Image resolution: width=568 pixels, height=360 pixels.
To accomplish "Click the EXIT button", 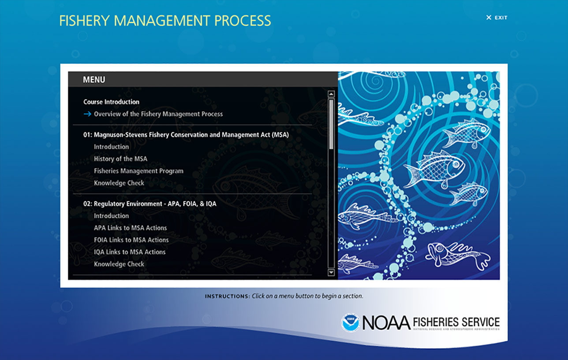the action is [x=497, y=18].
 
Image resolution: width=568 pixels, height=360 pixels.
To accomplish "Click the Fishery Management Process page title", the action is [x=165, y=21].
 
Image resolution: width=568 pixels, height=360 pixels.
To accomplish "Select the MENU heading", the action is [x=94, y=80].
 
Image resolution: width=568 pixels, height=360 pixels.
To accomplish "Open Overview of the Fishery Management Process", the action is [x=158, y=114].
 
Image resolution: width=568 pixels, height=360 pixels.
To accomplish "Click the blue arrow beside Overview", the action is [x=87, y=114].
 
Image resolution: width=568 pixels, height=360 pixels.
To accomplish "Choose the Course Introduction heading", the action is [x=111, y=102].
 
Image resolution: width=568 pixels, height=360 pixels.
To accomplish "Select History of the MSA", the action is [x=120, y=159].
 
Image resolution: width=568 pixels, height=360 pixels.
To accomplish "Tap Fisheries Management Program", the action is [x=138, y=171].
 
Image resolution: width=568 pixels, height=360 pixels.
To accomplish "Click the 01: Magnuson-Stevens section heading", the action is [x=186, y=135].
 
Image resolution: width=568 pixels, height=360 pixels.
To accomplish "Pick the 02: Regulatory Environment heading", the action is [x=149, y=204].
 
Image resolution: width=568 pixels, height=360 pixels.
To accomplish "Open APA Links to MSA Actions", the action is [x=131, y=228].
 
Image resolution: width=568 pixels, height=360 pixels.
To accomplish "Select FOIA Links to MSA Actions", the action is [x=131, y=240].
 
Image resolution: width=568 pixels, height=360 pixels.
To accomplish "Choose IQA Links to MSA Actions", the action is [x=130, y=252].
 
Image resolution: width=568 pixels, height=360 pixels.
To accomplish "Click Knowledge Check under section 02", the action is [x=119, y=264].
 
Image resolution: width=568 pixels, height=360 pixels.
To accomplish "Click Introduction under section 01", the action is [x=111, y=146].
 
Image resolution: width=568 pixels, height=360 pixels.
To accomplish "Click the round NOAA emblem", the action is [x=350, y=322].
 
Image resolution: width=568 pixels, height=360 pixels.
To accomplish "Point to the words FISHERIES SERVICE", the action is [x=456, y=322].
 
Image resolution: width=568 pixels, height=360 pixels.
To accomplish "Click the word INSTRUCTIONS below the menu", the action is [x=228, y=296].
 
